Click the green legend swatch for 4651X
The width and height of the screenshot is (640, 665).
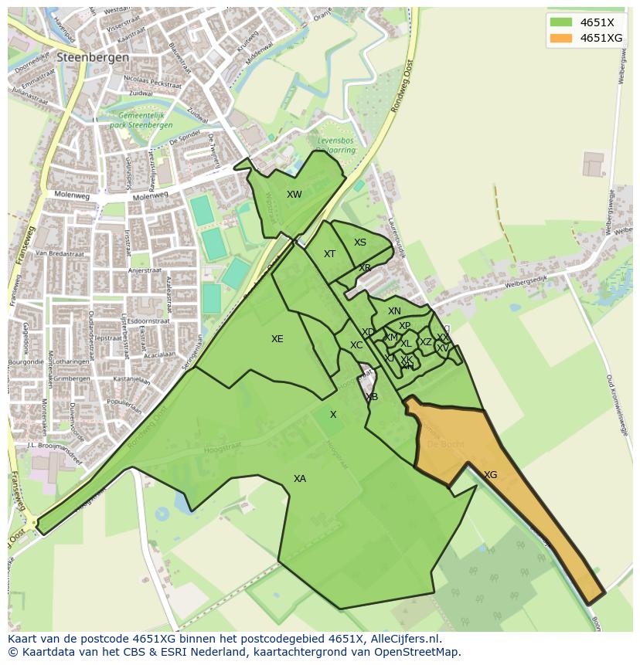point(561,22)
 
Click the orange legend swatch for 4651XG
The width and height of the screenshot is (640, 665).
point(561,38)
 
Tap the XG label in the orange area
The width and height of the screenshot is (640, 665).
point(490,475)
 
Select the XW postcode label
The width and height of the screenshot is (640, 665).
point(294,195)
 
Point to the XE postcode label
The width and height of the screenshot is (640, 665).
point(277,339)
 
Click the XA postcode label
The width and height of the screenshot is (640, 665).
point(300,479)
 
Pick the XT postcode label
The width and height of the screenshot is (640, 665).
point(329,254)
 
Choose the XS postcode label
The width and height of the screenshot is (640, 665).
point(360,243)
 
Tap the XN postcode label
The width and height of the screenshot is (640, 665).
point(394,311)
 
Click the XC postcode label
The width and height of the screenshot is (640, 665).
point(356,345)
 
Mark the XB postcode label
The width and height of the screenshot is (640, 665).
point(372,397)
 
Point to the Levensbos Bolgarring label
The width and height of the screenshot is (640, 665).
point(336,146)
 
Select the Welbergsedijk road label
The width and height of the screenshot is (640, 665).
point(526,283)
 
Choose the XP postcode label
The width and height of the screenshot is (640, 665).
point(404,326)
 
